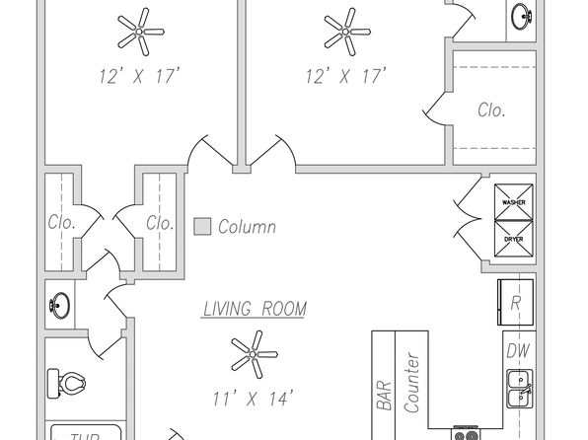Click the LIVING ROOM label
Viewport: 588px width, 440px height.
point(255,309)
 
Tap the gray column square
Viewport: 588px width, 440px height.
point(202,227)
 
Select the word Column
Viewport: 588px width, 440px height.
point(247,227)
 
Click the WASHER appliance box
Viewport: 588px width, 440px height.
point(513,202)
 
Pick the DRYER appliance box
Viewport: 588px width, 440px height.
point(513,239)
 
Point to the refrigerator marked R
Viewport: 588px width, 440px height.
point(515,302)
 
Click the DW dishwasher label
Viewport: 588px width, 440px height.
point(518,351)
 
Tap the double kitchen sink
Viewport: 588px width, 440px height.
point(520,389)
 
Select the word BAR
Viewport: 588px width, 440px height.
point(384,396)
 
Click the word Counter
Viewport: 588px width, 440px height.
point(411,383)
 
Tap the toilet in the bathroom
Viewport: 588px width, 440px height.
point(66,384)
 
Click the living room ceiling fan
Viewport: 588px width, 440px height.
point(254,354)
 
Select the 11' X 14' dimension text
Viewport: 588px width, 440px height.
point(253,399)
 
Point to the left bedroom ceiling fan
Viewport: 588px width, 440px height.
point(140,33)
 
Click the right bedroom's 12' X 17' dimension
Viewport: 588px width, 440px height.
point(345,76)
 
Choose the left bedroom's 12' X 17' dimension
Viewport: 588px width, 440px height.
point(139,76)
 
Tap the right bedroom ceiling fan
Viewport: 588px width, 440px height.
point(346,33)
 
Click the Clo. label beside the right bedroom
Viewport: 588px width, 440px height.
point(491,110)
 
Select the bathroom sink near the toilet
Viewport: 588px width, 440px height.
point(59,306)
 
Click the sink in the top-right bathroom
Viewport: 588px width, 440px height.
point(522,16)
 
